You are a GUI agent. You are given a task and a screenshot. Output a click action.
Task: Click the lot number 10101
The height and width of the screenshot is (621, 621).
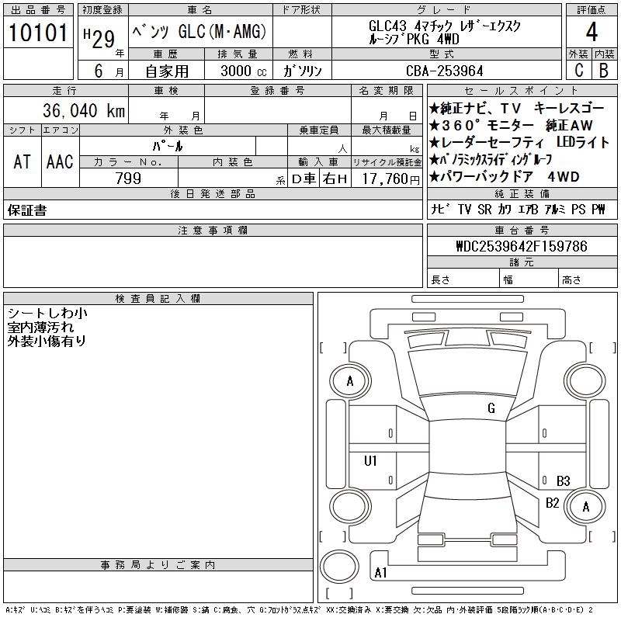(x=38, y=33)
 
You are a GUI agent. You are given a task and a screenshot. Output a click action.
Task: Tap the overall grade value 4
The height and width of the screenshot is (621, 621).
(x=592, y=33)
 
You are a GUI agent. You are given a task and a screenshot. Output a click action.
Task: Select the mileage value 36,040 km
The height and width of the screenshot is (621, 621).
(x=75, y=110)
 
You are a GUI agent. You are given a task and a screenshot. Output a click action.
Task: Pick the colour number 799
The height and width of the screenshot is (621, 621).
(x=128, y=179)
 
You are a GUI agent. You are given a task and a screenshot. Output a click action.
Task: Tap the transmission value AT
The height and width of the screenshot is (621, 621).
(x=22, y=161)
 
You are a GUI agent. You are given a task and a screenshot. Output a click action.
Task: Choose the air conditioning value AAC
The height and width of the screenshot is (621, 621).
(x=60, y=161)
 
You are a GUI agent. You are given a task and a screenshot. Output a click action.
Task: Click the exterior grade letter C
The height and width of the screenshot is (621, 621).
(x=578, y=71)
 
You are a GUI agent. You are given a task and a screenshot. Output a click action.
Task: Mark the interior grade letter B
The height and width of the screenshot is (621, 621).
(x=603, y=71)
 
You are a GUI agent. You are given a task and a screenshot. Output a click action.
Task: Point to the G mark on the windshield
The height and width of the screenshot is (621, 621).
(x=491, y=408)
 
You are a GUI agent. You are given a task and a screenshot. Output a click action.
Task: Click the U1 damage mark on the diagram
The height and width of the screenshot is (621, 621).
(x=371, y=461)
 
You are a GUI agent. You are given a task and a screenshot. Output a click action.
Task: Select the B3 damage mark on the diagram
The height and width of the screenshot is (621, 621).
(x=564, y=480)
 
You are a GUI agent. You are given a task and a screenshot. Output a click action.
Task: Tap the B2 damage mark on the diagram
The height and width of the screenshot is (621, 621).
(x=553, y=503)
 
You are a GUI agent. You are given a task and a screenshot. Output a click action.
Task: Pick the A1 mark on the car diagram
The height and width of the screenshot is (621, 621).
(x=381, y=573)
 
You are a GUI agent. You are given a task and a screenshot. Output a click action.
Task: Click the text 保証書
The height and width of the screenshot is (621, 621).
(x=26, y=210)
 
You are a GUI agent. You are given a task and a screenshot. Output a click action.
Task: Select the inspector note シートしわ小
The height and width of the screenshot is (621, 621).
(x=47, y=313)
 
